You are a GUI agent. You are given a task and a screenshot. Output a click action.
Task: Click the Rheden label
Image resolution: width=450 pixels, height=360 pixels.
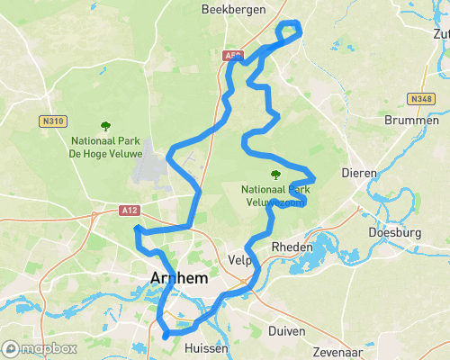[x=292, y=247]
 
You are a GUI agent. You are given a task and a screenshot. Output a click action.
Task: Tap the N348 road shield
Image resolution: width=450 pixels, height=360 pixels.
[x=420, y=99]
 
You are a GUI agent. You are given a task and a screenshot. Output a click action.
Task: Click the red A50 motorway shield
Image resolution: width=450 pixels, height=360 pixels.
[x=232, y=55]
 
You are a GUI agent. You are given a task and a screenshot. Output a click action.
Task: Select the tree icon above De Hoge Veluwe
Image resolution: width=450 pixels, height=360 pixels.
[x=105, y=126]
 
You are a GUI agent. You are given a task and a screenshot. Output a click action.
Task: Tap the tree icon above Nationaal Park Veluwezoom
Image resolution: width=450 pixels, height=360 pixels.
[x=274, y=175]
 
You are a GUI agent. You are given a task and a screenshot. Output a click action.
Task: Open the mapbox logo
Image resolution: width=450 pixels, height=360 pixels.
[x=40, y=348]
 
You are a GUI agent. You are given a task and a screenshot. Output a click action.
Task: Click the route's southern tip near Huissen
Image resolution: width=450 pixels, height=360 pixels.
[x=166, y=336]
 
